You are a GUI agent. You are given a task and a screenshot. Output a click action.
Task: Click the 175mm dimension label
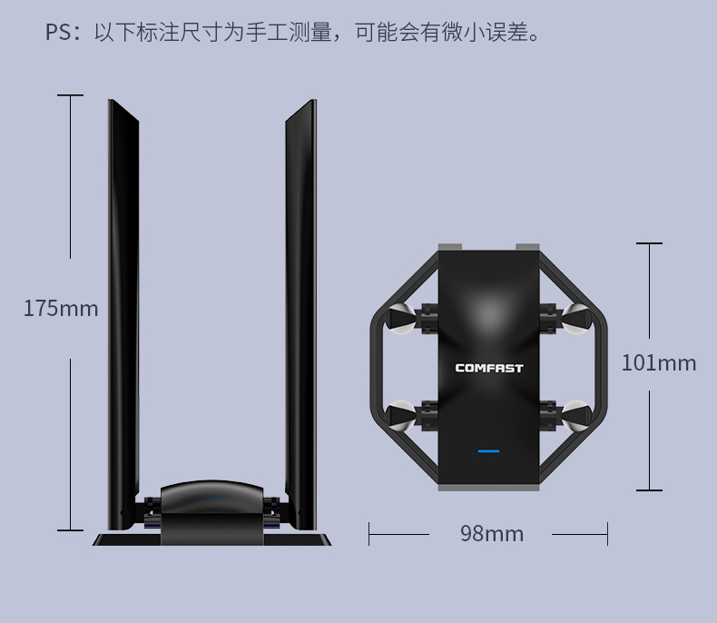pos(61,309)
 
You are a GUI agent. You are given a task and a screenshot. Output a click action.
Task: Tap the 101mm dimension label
pos(658,363)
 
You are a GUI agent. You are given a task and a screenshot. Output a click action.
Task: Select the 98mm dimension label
pos(492,534)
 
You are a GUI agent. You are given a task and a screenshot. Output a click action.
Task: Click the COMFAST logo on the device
pos(488,368)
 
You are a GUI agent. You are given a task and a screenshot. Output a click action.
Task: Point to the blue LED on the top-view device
pos(488,450)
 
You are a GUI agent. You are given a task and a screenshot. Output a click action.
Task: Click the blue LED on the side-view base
pos(212,496)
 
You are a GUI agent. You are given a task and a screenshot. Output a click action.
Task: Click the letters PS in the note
pos(58,35)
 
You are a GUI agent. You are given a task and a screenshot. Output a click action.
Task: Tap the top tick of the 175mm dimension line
pos(70,95)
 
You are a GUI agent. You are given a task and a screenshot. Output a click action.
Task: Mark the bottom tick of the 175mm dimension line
pos(70,529)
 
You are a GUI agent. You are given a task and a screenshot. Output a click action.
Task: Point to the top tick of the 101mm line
pos(649,243)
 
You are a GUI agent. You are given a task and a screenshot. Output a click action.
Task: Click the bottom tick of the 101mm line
pos(649,490)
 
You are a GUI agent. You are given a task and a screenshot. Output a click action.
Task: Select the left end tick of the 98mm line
pos(369,534)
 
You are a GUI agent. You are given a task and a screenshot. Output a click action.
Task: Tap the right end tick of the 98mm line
pos(607,534)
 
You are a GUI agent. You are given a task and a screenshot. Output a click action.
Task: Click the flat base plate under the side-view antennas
pos(212,539)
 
